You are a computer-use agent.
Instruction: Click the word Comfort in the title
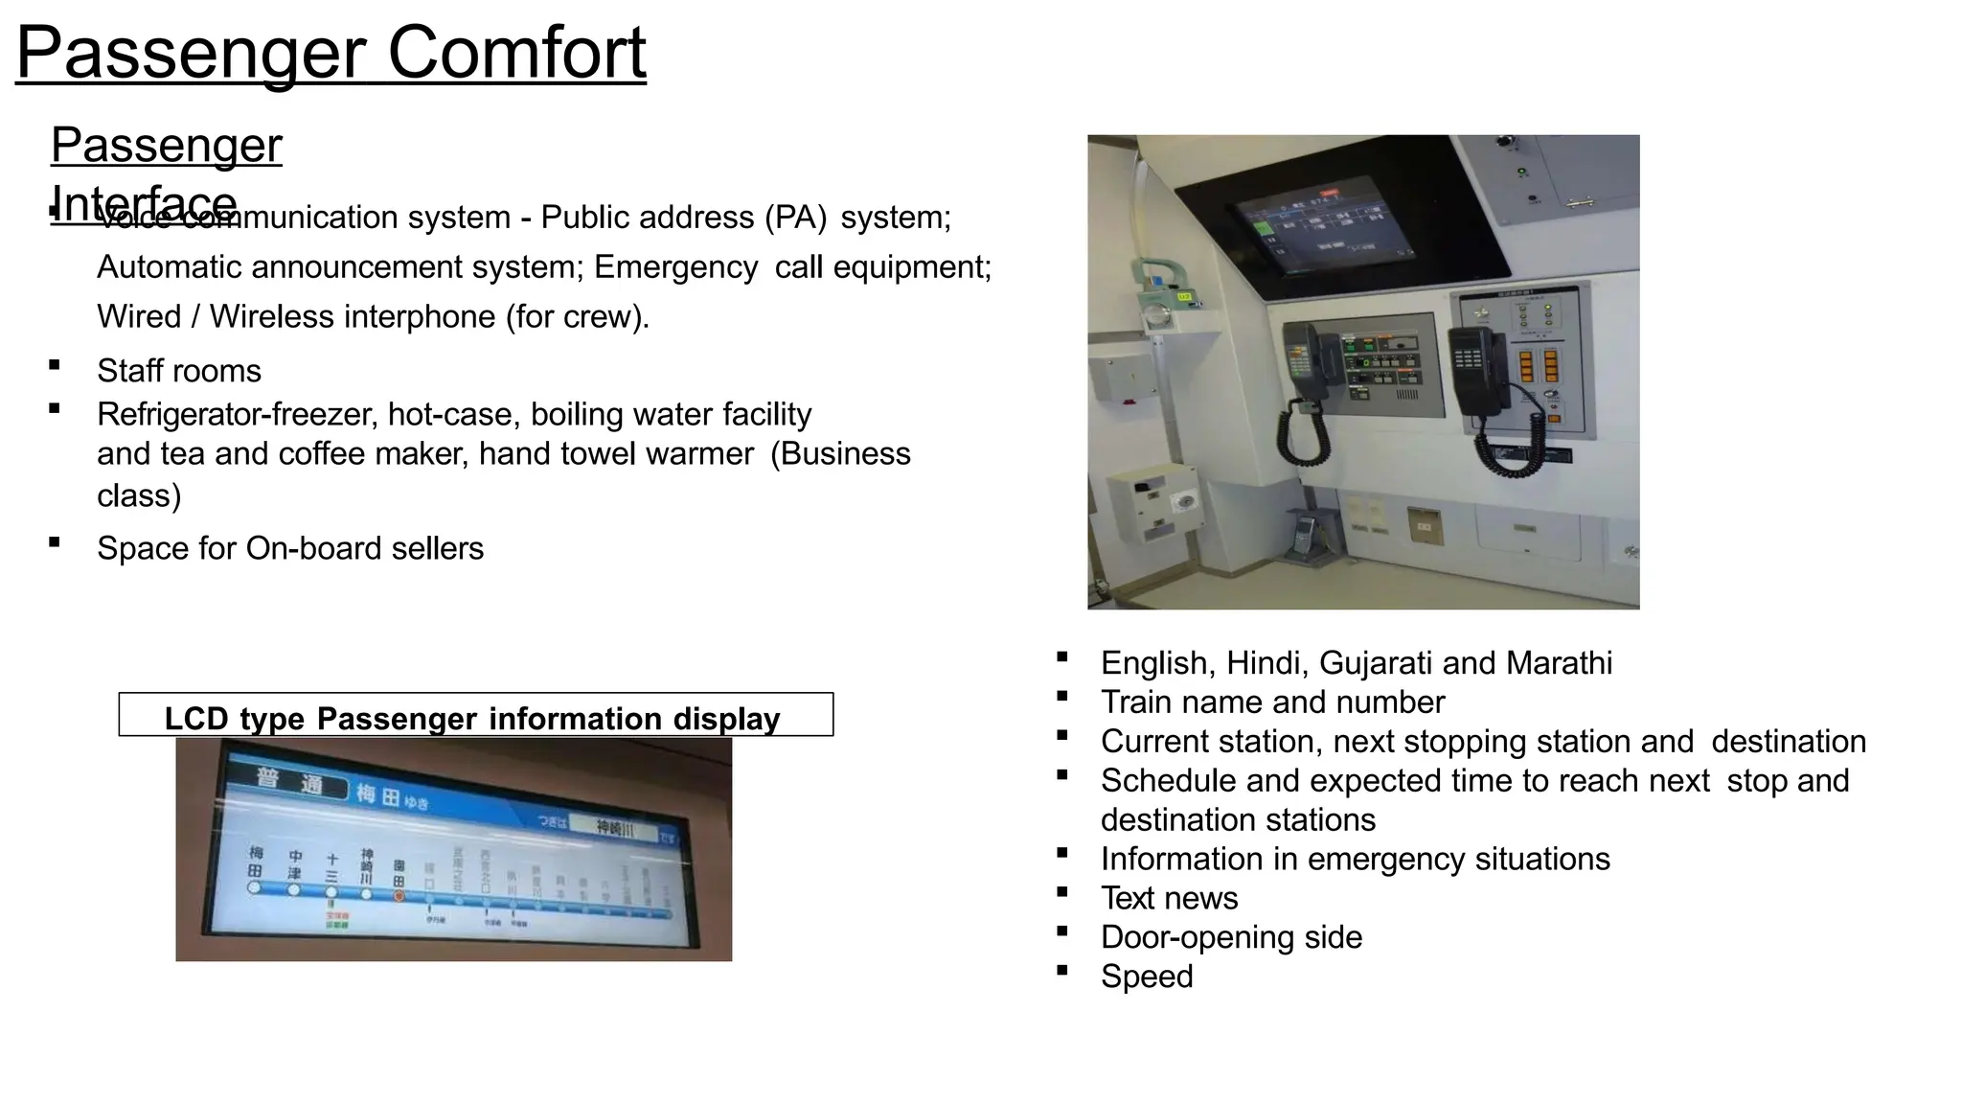pos(516,53)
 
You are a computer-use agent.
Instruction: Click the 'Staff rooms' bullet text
pos(179,371)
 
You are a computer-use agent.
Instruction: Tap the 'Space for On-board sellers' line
pos(290,548)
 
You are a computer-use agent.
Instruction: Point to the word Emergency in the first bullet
pos(675,267)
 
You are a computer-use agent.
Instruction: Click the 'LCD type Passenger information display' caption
pos(472,718)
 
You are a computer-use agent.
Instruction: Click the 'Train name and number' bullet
pos(1272,702)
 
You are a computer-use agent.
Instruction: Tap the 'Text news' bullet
pos(1169,898)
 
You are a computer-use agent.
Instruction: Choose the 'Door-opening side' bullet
pos(1231,937)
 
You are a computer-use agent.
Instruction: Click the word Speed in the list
pos(1147,977)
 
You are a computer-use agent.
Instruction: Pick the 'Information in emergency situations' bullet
pos(1355,859)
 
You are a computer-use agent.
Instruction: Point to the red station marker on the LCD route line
pos(399,896)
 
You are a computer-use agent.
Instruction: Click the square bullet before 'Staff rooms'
pos(55,365)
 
